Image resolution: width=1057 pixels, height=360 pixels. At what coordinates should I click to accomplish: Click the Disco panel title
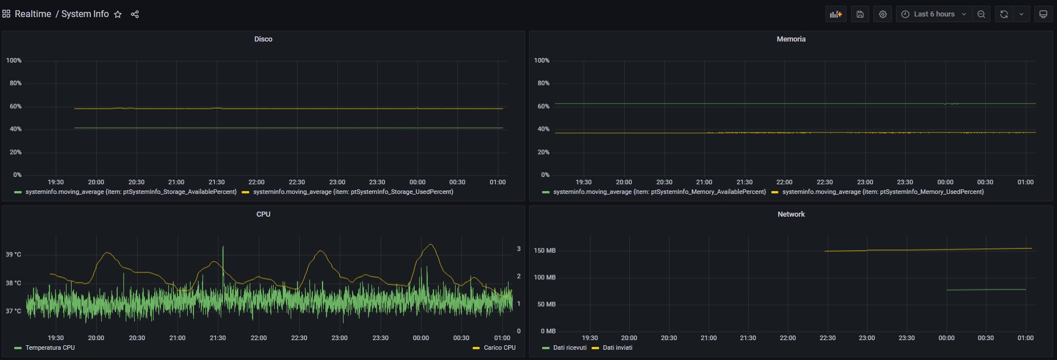(263, 39)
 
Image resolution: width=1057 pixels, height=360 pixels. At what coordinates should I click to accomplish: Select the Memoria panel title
(791, 39)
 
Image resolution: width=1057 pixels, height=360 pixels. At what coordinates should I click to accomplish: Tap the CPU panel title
(263, 214)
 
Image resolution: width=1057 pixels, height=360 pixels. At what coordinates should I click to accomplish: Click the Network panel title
(791, 214)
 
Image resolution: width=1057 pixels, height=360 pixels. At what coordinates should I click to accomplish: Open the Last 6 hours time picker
(934, 14)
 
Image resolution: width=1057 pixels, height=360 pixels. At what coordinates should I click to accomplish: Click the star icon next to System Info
(118, 14)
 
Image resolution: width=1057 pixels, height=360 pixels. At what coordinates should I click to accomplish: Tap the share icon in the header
(135, 14)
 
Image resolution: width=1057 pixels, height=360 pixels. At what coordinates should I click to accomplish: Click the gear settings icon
(882, 14)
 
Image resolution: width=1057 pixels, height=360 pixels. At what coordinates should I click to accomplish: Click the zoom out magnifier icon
(981, 14)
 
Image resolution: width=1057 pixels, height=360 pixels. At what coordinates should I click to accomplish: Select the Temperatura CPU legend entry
(49, 347)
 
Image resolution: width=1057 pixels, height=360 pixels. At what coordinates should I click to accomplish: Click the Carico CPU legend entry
(499, 347)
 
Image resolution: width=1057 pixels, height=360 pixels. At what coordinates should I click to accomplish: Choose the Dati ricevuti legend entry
(569, 347)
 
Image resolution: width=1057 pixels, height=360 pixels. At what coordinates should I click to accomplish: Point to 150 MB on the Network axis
(544, 250)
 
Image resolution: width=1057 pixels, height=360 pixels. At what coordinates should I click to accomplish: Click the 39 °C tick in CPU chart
(14, 254)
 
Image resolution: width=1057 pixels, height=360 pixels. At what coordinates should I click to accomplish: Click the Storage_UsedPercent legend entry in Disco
(353, 192)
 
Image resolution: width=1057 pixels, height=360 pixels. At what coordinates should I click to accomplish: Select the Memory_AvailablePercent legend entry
(659, 192)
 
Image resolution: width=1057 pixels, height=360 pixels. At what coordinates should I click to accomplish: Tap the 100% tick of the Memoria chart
(542, 60)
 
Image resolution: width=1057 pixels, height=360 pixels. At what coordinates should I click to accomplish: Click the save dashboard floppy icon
(860, 14)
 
